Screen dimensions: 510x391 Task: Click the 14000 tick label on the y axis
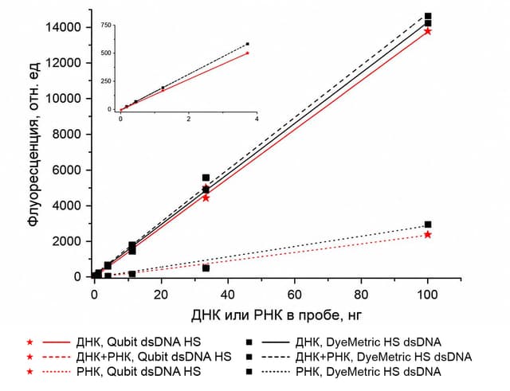63,27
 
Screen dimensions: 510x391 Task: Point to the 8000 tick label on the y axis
66,134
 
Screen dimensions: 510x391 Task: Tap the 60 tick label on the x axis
294,295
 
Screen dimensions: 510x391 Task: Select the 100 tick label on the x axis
427,295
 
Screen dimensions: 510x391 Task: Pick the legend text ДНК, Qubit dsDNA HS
138,342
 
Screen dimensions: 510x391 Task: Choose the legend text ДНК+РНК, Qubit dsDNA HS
154,357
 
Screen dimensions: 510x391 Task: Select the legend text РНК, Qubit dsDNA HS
138,371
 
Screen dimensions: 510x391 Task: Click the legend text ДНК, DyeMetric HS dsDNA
368,342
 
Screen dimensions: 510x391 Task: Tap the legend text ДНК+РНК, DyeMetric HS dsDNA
383,357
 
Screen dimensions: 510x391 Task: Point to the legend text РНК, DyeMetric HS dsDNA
368,371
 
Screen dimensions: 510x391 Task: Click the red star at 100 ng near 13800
428,31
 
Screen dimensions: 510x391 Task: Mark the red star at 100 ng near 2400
428,234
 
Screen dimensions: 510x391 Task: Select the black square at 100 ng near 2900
428,225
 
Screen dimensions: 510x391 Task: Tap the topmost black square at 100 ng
428,16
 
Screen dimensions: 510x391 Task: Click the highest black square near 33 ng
206,178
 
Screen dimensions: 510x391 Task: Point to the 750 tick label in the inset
106,25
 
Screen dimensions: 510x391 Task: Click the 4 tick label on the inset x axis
257,119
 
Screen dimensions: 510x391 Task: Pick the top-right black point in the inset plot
248,44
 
